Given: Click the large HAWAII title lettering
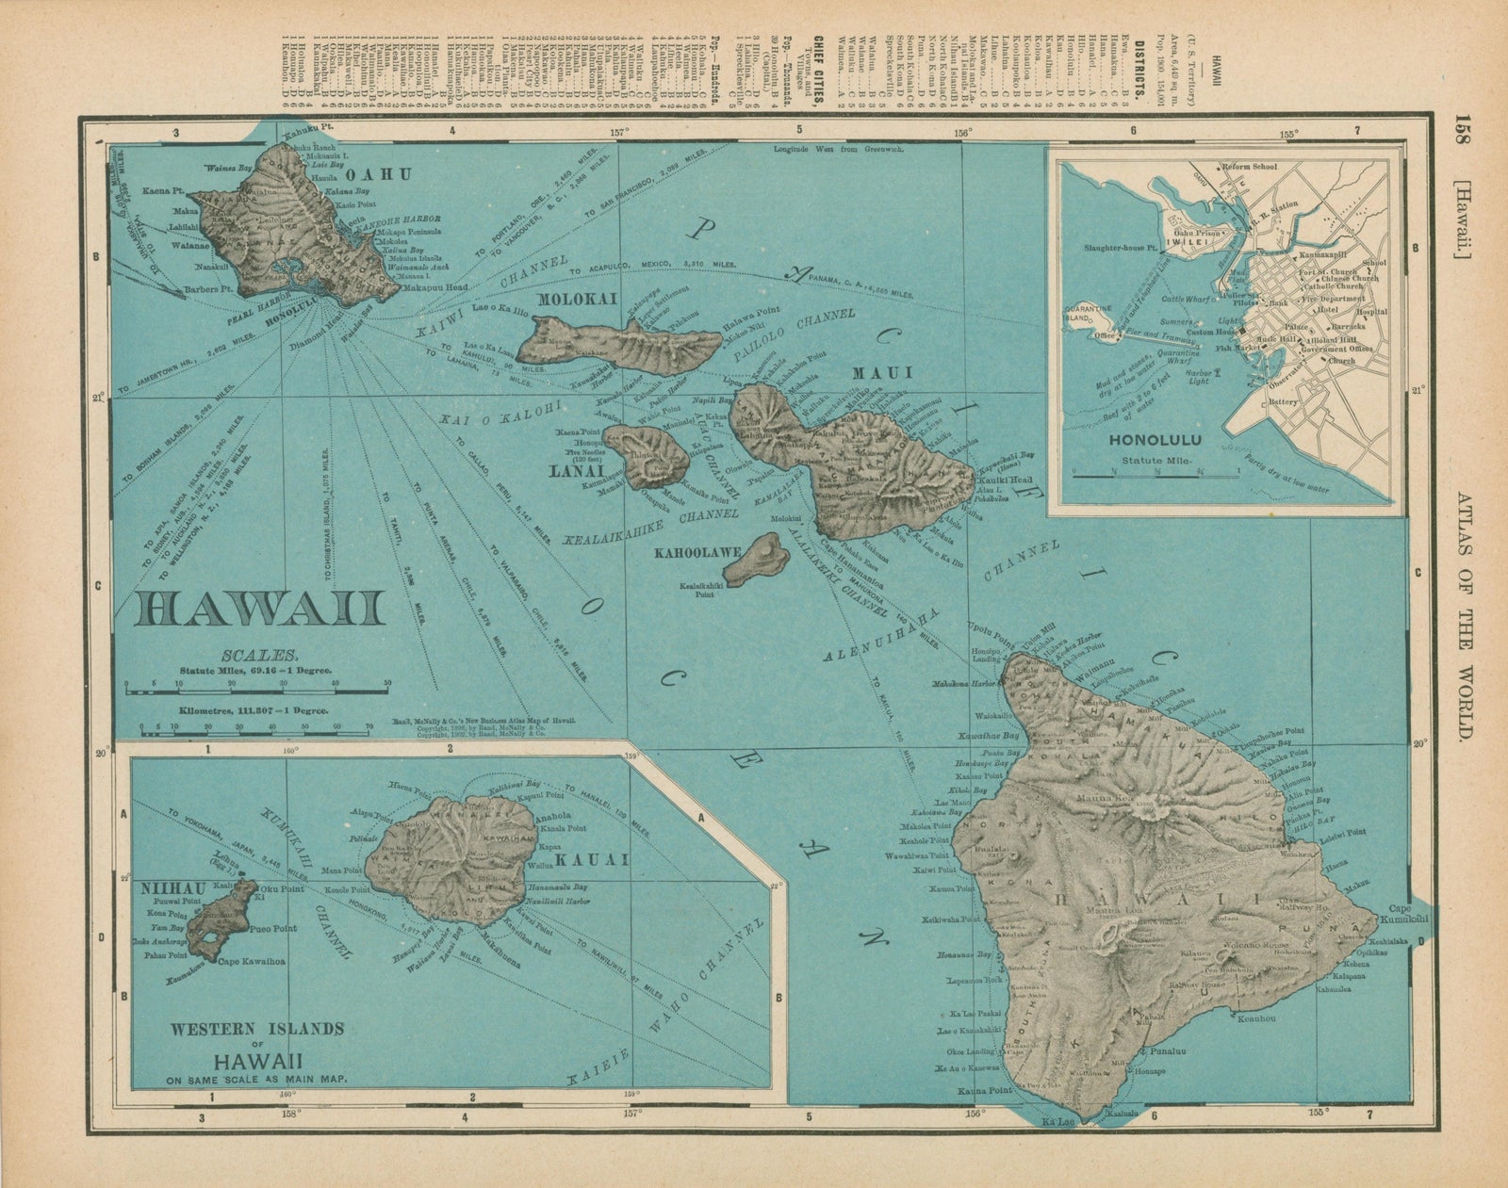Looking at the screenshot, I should coord(259,609).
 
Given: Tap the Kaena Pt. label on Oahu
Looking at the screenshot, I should coord(162,190).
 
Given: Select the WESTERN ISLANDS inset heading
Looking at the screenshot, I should coord(257,1028).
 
